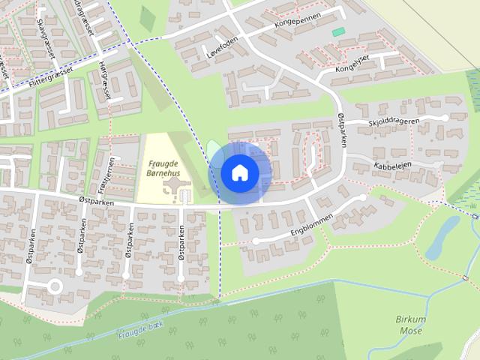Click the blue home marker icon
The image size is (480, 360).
click(239, 172)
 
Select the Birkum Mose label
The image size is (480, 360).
click(410, 323)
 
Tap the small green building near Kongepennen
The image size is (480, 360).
click(338, 31)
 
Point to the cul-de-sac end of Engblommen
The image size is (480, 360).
click(255, 241)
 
